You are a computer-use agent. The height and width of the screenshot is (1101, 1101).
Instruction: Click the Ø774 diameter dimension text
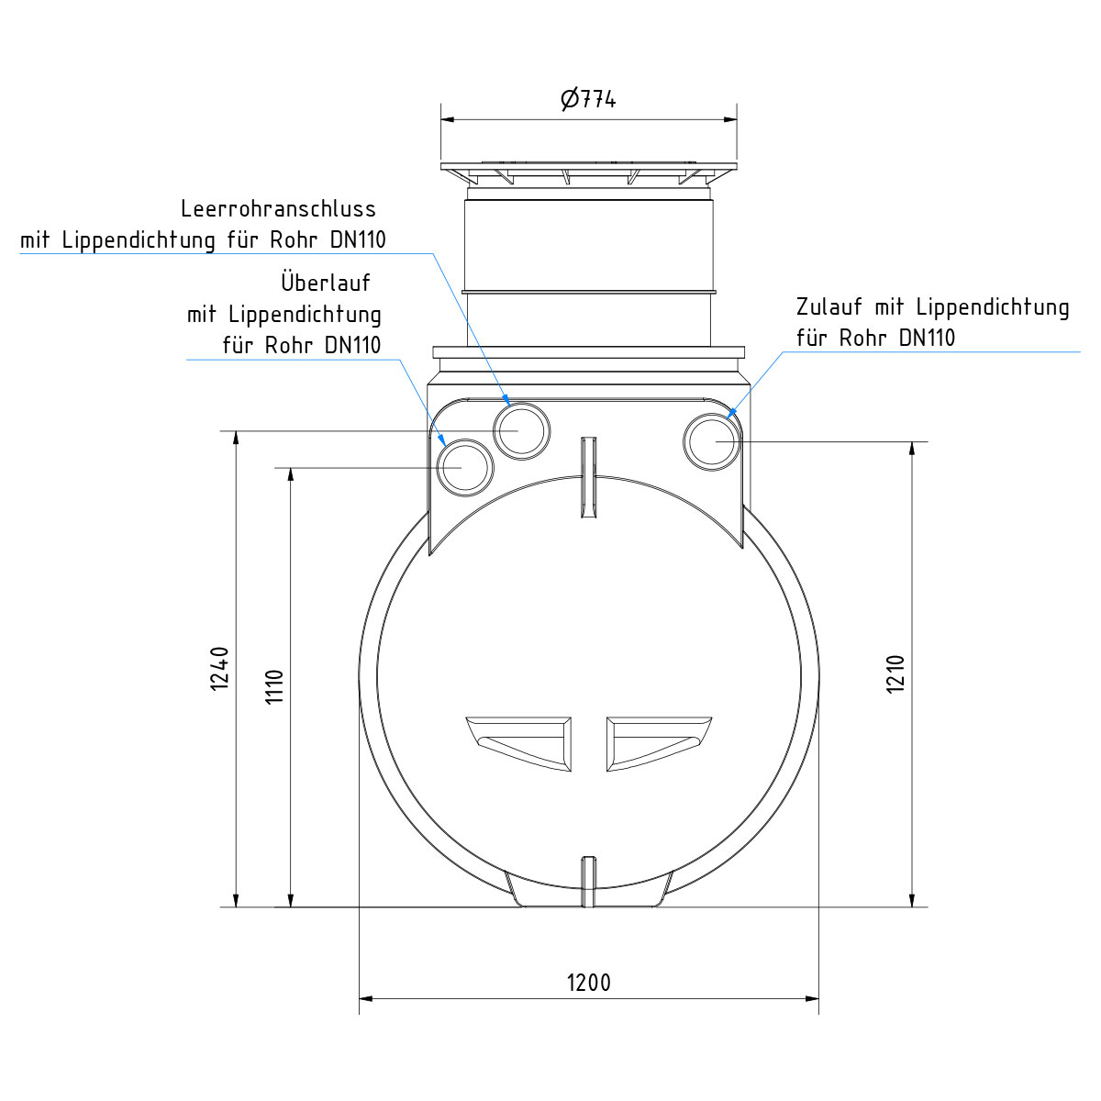coord(588,98)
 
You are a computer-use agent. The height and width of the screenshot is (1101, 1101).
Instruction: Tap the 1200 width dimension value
coord(588,983)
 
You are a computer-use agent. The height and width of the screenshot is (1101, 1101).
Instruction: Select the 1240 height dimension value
coord(219,668)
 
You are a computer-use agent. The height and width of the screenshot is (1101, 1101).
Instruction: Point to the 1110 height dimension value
coord(274,686)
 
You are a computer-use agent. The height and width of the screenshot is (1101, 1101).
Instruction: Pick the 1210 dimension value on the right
coord(895,673)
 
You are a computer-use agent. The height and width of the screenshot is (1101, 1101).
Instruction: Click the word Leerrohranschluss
coord(278,209)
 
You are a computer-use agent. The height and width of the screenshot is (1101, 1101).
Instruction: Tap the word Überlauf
coord(326,282)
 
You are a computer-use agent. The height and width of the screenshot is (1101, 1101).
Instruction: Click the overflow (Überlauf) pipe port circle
coord(465,468)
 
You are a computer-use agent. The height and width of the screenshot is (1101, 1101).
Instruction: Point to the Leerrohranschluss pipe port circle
coord(523,429)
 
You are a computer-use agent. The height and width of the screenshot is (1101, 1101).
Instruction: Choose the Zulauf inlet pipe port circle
coord(712,441)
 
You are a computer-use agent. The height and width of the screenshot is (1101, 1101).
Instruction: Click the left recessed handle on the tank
coord(518,742)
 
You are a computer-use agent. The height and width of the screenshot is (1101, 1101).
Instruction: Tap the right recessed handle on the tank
coord(658,742)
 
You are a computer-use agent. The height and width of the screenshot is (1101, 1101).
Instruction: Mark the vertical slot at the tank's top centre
coord(588,477)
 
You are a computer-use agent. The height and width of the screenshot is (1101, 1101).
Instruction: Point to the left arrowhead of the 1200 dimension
coord(364,997)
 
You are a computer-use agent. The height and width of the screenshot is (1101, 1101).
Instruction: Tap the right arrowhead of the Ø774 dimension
coord(731,118)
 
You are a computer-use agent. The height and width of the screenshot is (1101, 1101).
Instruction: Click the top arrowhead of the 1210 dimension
coord(912,448)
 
